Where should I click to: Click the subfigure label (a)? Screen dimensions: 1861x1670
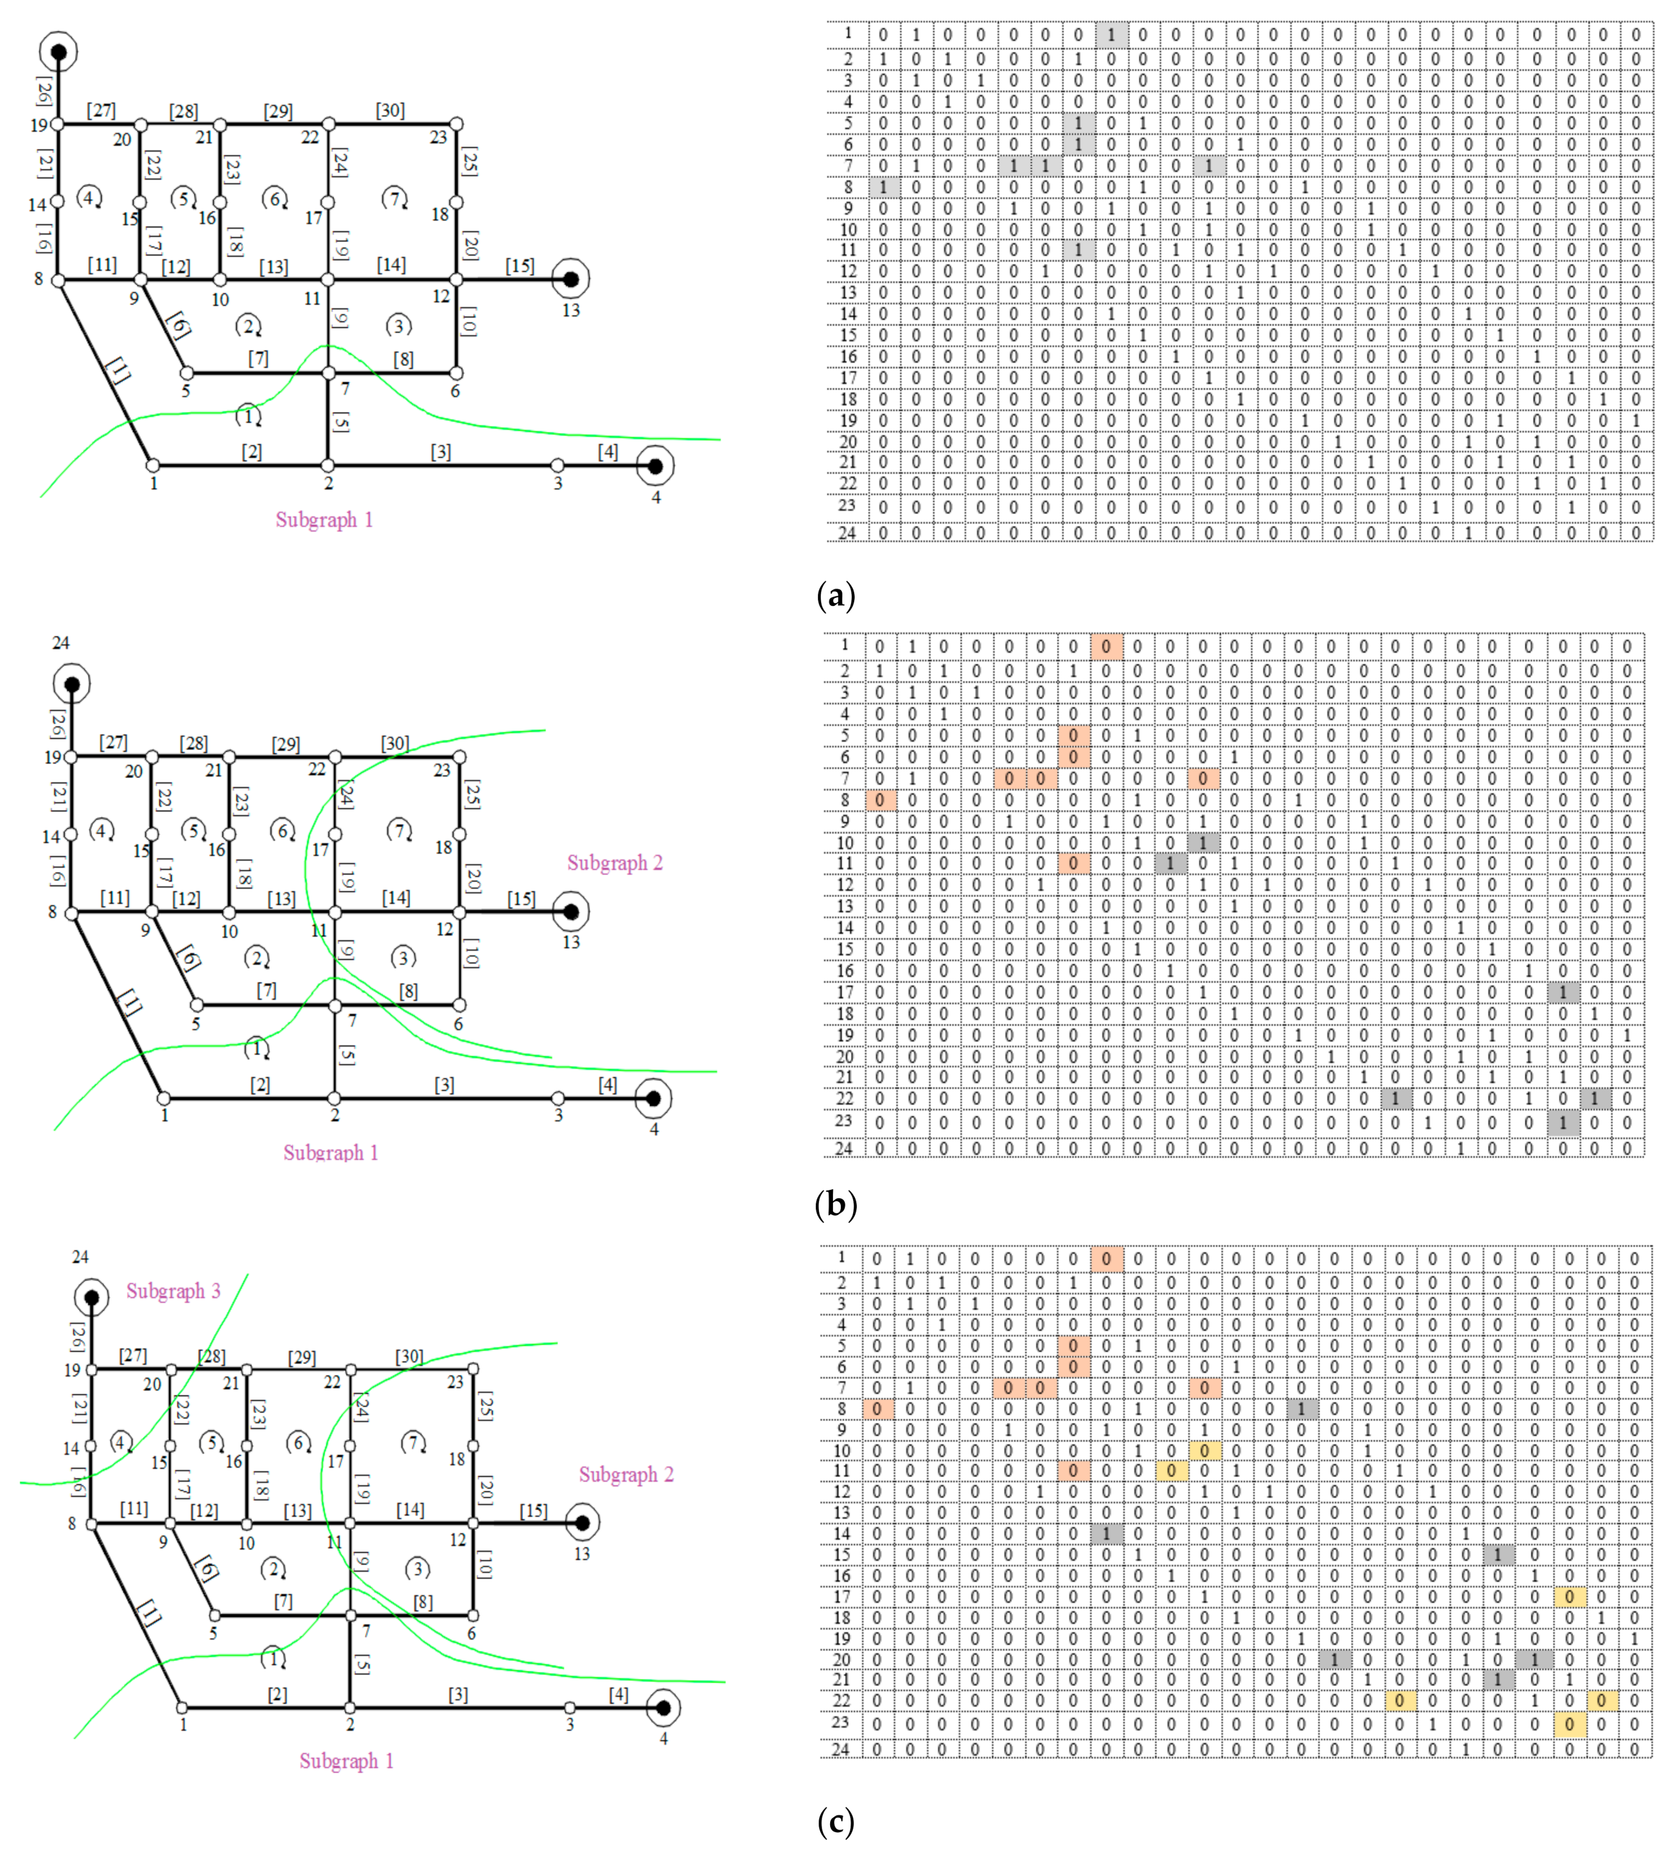click(835, 596)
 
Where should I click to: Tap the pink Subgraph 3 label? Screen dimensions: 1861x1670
click(173, 1291)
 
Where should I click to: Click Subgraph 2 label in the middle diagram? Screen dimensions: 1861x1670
click(614, 863)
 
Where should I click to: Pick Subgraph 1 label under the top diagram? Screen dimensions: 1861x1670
click(324, 520)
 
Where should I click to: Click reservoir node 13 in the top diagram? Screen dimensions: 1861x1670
click(571, 278)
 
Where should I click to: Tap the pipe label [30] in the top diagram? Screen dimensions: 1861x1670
click(390, 110)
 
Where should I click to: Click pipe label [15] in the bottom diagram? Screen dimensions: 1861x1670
click(533, 1510)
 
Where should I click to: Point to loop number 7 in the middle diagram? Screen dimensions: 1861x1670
click(399, 831)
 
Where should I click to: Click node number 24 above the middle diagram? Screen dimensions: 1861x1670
click(60, 643)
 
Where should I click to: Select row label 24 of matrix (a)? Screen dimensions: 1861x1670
click(847, 532)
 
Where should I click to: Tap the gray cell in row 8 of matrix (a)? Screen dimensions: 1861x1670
click(884, 187)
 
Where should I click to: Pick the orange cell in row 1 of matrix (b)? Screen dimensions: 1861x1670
click(1106, 647)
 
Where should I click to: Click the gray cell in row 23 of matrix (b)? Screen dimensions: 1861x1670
click(1562, 1122)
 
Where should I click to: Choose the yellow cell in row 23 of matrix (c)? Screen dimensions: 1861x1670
click(1569, 1724)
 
